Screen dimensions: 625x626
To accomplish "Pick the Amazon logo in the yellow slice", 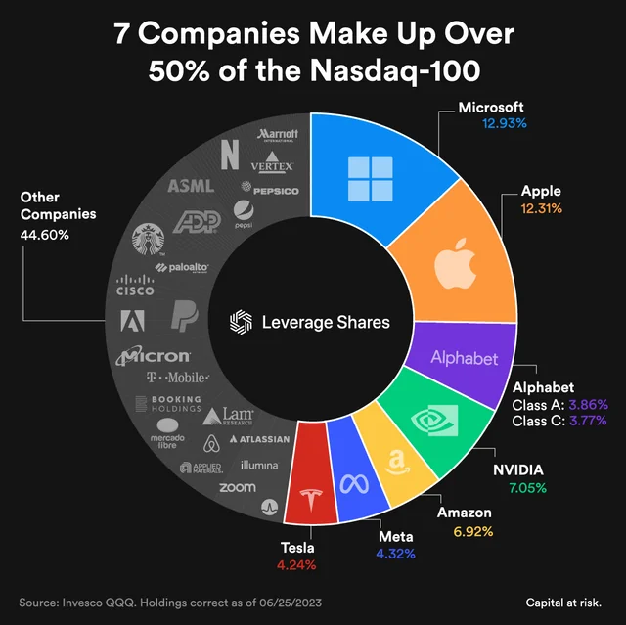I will coord(395,461).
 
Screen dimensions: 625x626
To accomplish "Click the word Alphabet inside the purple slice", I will coord(465,359).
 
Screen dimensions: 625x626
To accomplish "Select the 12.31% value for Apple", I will coord(542,208).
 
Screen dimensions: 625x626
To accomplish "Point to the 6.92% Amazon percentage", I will coord(473,531).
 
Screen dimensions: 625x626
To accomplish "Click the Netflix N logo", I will coord(231,154).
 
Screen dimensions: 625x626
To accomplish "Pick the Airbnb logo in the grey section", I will coord(209,444).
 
